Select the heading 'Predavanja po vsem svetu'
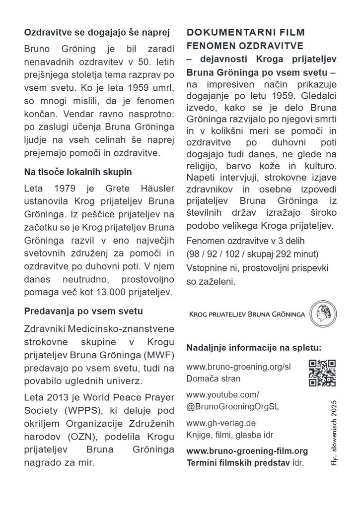click(83, 312)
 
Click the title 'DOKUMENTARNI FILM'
click(246, 32)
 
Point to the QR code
click(322, 373)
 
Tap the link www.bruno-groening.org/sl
click(238, 367)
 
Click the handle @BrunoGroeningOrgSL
click(232, 406)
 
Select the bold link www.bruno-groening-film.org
click(247, 451)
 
